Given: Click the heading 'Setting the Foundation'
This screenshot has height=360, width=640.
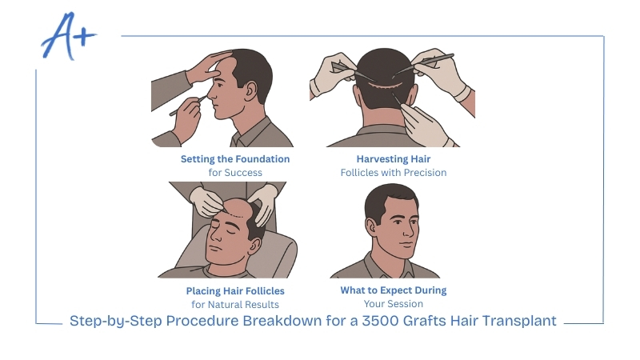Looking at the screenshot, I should pyautogui.click(x=235, y=159).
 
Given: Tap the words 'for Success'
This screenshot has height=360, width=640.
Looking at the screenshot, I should pyautogui.click(x=235, y=172).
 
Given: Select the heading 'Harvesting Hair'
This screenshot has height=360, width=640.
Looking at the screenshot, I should pyautogui.click(x=393, y=159).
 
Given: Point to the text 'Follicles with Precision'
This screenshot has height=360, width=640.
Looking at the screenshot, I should pyautogui.click(x=393, y=172).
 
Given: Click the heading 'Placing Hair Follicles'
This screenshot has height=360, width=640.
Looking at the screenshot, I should pyautogui.click(x=235, y=290).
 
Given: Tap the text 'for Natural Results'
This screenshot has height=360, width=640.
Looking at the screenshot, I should pyautogui.click(x=235, y=304).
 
